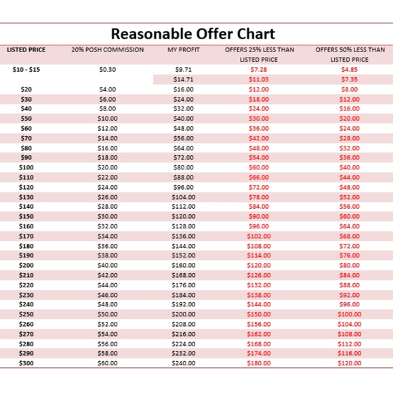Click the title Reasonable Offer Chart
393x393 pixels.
point(193,33)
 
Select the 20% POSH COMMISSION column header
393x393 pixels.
point(108,50)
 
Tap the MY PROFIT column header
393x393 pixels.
point(184,50)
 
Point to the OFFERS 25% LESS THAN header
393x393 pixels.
point(260,50)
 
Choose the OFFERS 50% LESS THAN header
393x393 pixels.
point(350,50)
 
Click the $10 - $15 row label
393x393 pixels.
point(26,69)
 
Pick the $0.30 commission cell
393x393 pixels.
point(108,69)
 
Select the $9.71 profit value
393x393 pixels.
point(184,69)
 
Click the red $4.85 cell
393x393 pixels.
point(350,69)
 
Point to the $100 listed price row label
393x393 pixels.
point(26,167)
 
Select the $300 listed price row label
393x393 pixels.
point(26,363)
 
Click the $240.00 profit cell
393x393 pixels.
point(184,363)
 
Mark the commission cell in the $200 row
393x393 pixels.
point(108,265)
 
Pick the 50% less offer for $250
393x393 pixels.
point(350,314)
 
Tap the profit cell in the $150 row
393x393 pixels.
point(184,216)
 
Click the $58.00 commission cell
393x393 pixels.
point(108,353)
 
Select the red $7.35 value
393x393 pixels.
point(350,79)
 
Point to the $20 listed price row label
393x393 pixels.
point(26,89)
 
